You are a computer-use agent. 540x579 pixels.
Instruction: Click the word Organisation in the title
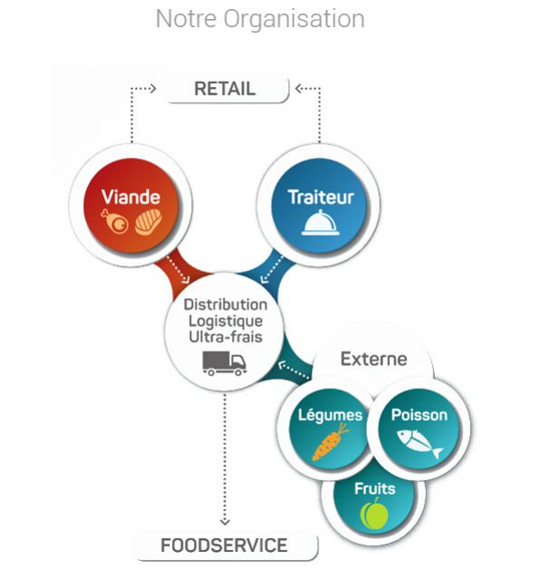point(294,19)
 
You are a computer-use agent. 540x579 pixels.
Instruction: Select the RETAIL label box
point(227,89)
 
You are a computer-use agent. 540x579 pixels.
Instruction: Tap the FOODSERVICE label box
point(226,545)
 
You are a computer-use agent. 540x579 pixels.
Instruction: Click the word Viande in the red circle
point(130,197)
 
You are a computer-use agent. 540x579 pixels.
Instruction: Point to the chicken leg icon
point(114,221)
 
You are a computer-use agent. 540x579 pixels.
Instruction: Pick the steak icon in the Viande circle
point(148,222)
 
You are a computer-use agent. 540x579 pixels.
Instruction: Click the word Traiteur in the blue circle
point(321,197)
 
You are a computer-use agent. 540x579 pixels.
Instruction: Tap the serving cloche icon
point(320,223)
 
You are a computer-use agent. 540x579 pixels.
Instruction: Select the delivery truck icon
point(225,363)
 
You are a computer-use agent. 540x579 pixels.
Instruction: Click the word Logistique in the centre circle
point(226,321)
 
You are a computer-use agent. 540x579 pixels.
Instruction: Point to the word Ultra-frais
point(226,337)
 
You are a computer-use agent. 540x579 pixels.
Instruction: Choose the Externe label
point(373,359)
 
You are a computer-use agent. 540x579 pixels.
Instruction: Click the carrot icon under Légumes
point(330,442)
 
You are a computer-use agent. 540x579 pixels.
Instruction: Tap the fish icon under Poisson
point(420,442)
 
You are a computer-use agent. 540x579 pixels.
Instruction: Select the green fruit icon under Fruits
point(374,513)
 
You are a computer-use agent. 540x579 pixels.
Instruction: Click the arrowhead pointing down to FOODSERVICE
point(225,522)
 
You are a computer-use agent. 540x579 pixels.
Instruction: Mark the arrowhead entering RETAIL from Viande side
point(153,89)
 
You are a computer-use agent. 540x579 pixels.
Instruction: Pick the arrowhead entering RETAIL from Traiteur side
point(299,89)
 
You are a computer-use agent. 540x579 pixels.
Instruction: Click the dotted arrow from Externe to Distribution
point(294,371)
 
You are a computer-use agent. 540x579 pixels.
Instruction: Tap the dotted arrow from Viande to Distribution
point(178,269)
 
